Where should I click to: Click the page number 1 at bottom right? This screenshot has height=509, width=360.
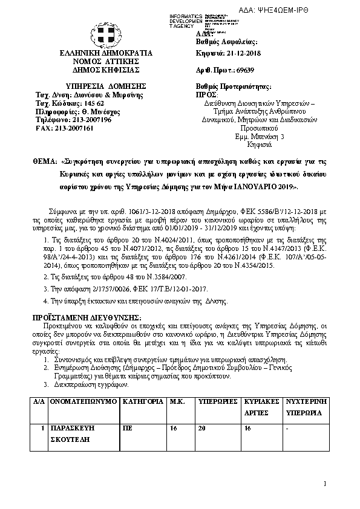coord(324,484)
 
